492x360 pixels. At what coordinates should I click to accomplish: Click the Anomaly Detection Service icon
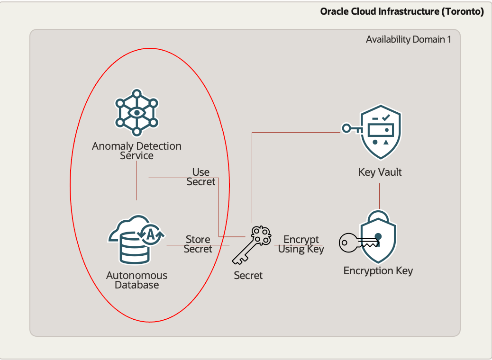pos(137,112)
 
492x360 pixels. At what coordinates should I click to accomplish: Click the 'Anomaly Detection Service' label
pos(137,151)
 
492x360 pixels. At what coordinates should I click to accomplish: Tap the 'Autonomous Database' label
pos(137,280)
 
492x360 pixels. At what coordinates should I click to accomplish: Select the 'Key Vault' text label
pos(380,172)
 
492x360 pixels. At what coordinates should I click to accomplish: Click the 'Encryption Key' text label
pos(378,271)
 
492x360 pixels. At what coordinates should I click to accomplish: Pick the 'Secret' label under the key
pos(248,275)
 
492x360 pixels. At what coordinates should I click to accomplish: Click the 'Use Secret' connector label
pos(201,177)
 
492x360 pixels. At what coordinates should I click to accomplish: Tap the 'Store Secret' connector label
pos(198,244)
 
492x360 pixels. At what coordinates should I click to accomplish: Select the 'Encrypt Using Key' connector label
pos(301,244)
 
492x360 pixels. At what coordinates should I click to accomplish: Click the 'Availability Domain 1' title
pos(408,39)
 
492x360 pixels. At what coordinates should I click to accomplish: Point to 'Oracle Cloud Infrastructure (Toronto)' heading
pos(402,11)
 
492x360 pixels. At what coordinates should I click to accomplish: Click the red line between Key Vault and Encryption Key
pos(380,195)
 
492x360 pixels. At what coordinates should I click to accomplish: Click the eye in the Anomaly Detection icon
pos(137,112)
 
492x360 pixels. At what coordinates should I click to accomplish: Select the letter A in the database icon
pos(150,233)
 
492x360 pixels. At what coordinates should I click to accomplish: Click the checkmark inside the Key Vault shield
pos(386,117)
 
